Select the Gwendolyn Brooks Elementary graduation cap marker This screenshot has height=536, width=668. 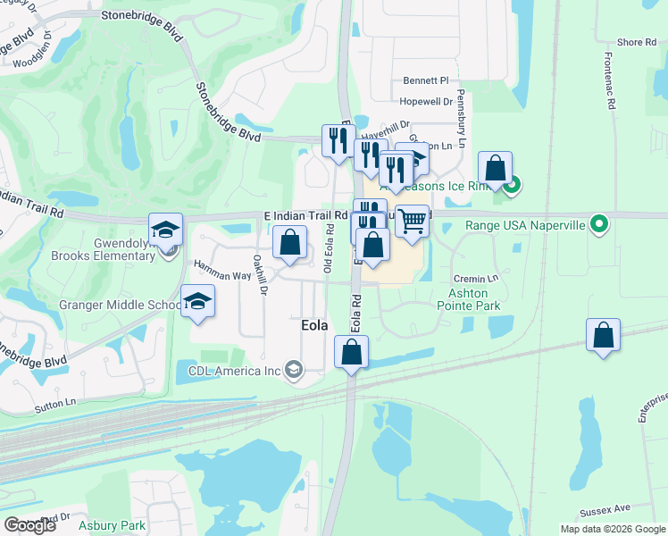(165, 230)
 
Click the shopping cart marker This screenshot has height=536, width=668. (411, 220)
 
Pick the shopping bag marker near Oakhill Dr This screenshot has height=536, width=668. (289, 242)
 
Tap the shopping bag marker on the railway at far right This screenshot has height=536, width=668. (604, 336)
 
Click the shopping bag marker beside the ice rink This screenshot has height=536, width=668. (495, 168)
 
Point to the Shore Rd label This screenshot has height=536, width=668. (637, 43)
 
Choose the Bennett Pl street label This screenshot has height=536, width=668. (424, 80)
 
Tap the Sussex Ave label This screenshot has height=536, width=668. (605, 511)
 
